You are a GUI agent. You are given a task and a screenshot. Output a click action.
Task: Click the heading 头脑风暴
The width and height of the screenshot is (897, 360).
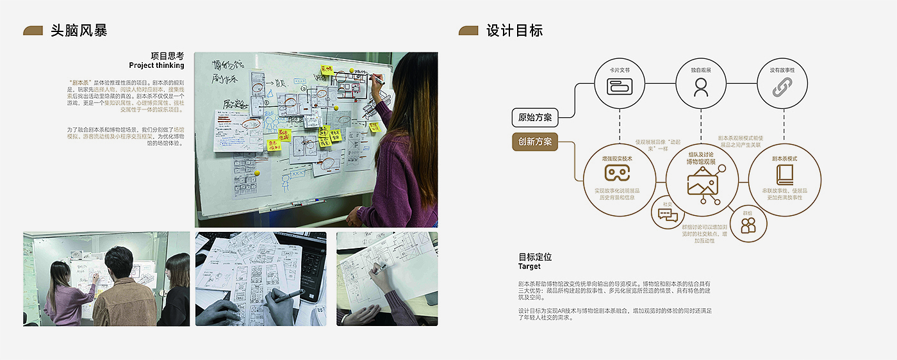coord(79,30)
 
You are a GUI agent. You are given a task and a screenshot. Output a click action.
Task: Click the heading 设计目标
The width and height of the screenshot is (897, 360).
coord(514,30)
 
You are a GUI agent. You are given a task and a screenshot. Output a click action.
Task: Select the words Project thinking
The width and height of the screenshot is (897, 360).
coord(156,65)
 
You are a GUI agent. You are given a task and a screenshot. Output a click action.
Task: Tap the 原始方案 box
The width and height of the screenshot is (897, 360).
coord(535,118)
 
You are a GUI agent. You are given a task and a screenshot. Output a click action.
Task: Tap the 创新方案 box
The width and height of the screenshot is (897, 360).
coord(535,142)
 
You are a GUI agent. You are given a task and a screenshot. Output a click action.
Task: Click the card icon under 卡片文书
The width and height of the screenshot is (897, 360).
coord(620,86)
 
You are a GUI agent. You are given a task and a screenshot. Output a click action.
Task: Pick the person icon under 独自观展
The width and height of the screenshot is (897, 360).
coord(701,86)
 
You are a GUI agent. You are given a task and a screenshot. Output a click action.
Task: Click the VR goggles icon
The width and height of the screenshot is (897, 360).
coord(618,173)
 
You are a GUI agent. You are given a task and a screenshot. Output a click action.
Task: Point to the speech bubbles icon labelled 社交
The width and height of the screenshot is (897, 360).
coord(668,215)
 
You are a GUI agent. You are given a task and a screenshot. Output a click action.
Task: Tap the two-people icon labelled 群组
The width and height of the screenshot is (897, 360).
coord(748,225)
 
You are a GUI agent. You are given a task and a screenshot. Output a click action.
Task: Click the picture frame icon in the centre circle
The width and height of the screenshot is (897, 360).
coord(701,184)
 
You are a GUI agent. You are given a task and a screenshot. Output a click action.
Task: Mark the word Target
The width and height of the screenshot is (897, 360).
coord(529,266)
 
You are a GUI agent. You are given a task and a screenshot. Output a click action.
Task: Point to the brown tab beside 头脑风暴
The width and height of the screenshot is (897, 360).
coord(33,31)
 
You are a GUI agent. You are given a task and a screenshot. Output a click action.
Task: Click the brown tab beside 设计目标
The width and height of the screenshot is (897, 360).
coord(468,31)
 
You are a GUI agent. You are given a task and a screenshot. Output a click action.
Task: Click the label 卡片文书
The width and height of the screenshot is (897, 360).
coord(620,69)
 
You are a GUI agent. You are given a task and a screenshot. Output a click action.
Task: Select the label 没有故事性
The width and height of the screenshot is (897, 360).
coord(782,69)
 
